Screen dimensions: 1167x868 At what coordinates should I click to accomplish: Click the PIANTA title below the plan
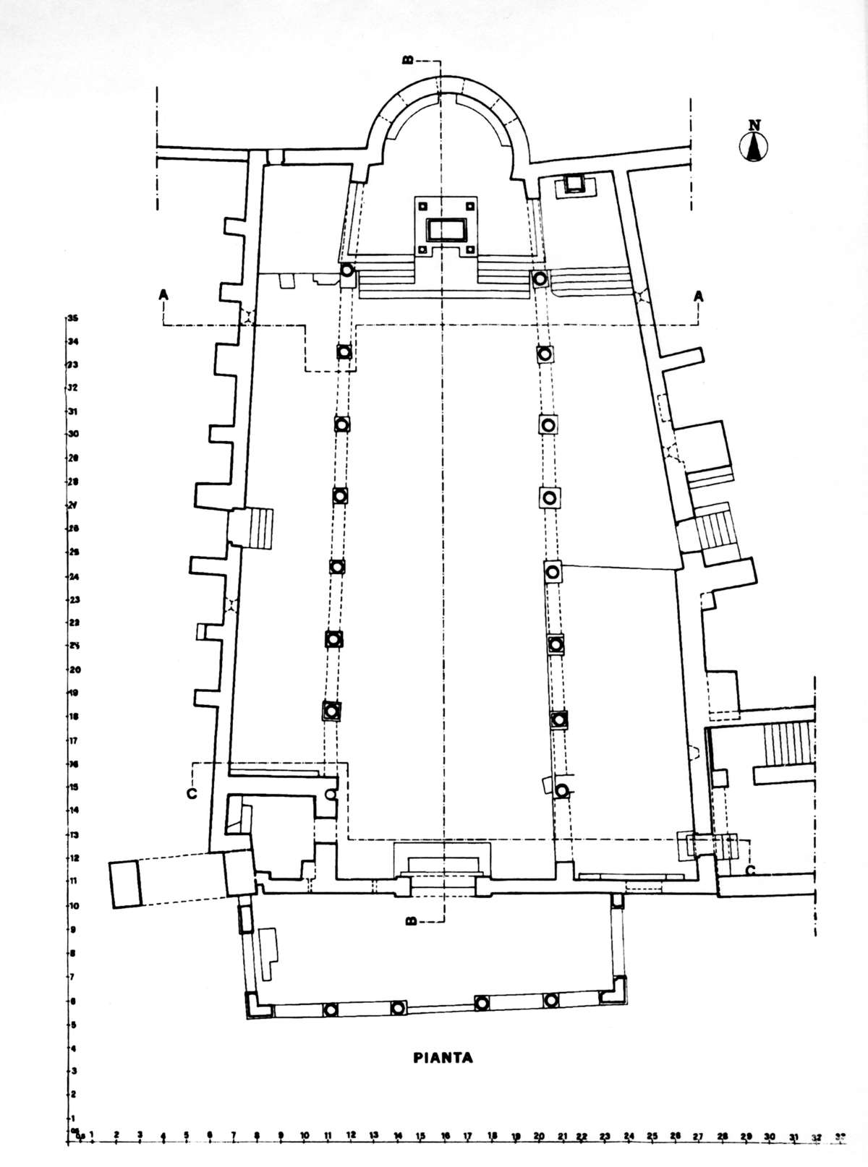click(x=443, y=1058)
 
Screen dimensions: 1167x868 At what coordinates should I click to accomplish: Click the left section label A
click(x=165, y=295)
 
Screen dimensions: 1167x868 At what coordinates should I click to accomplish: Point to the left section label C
click(x=191, y=792)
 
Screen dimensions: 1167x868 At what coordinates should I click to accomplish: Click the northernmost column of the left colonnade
click(x=347, y=271)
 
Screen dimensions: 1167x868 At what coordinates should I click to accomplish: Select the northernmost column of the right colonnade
click(x=539, y=278)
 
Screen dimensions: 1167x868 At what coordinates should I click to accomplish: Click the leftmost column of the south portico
click(x=330, y=1010)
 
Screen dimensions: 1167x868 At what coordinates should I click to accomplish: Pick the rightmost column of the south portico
click(x=551, y=1001)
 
